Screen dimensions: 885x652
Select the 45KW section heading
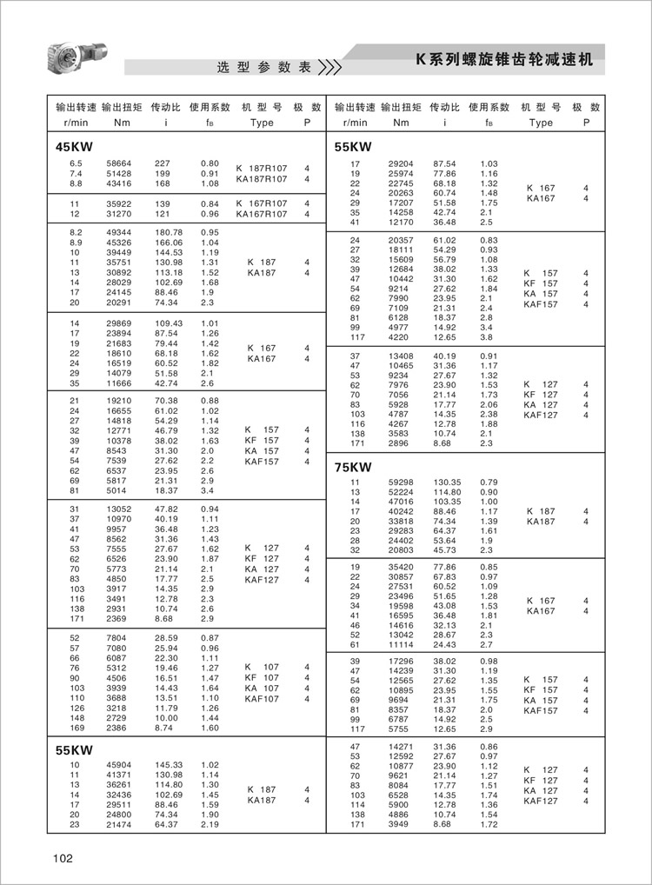click(74, 146)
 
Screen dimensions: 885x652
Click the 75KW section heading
click(353, 467)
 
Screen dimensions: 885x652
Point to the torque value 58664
click(118, 163)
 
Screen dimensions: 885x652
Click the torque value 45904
click(118, 765)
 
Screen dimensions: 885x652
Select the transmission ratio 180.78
click(168, 233)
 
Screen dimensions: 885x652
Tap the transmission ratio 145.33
click(168, 765)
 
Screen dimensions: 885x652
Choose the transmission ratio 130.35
click(447, 482)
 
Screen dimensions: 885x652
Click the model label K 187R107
click(262, 168)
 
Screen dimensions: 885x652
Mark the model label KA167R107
click(262, 214)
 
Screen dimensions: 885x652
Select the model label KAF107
click(262, 698)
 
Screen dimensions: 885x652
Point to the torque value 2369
click(118, 618)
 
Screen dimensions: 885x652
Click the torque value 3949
click(398, 823)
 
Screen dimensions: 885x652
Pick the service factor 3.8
click(487, 337)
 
